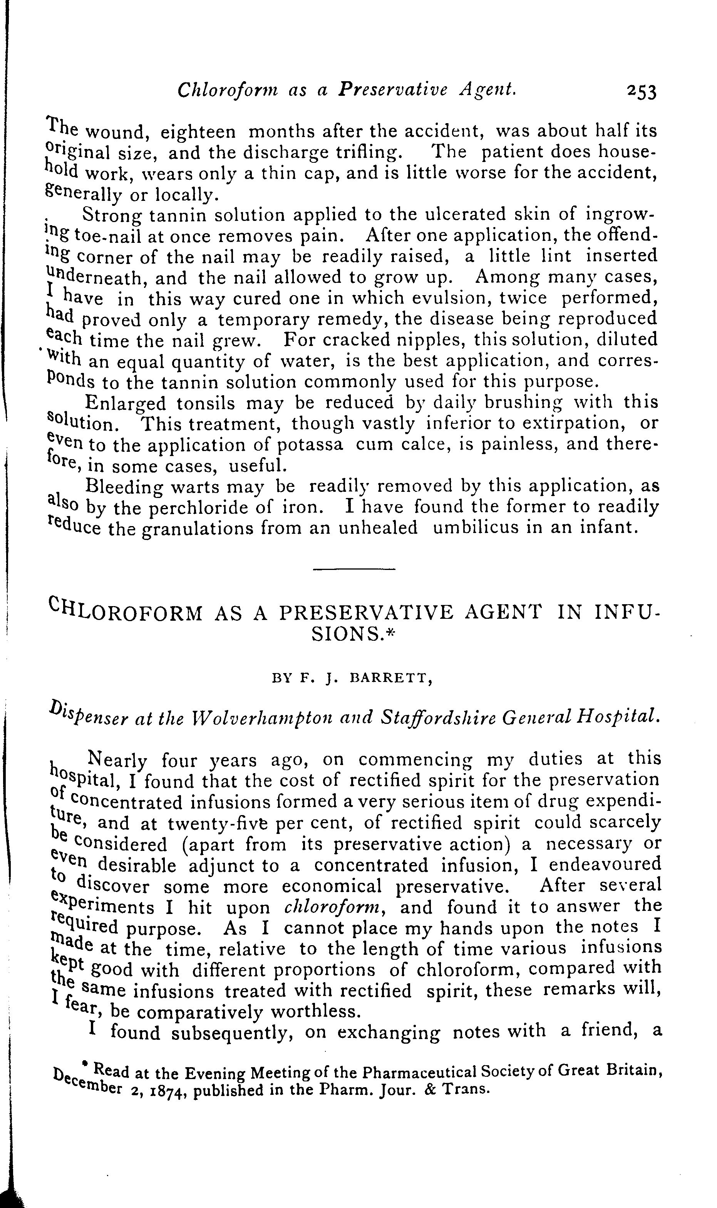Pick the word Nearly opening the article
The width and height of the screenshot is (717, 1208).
coord(116,761)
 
